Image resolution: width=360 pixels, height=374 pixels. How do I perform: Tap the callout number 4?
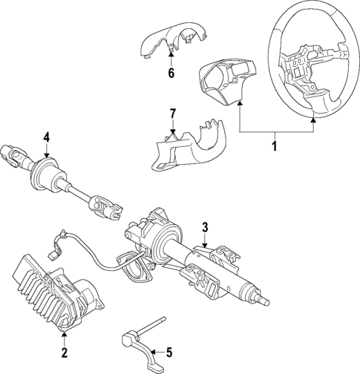(x=46, y=137)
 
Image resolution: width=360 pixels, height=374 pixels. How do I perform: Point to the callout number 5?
(x=169, y=352)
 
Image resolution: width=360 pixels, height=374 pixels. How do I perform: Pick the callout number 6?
(x=170, y=73)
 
